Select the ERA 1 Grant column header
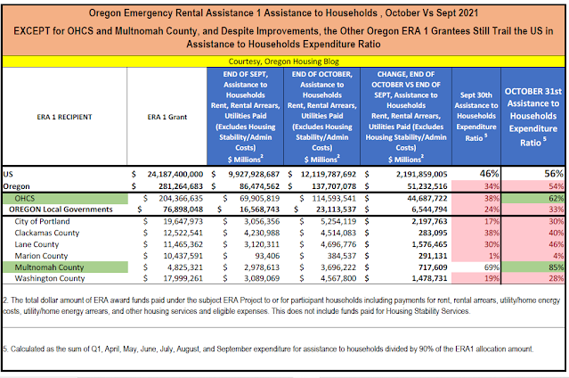click(164, 116)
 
